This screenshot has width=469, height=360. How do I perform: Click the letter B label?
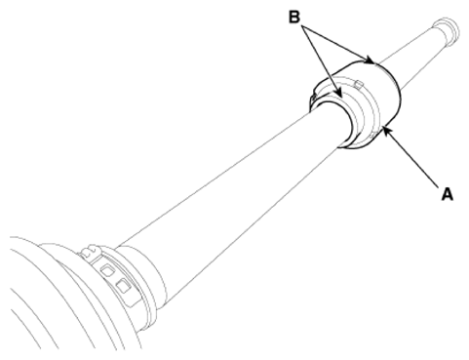tap(294, 17)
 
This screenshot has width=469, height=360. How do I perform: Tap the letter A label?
tap(447, 194)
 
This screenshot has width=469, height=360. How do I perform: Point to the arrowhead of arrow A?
tap(386, 131)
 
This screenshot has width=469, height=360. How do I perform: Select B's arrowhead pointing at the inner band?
tap(338, 92)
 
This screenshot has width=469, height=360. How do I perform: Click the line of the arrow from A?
tap(412, 159)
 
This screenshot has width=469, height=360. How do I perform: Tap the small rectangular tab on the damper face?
tap(359, 84)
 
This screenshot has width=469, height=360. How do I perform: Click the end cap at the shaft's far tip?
tap(447, 31)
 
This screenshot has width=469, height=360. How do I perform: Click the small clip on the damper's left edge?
tap(313, 98)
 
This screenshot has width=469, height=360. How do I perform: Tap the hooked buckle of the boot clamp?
tap(91, 252)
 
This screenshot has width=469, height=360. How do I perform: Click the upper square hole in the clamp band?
tap(107, 269)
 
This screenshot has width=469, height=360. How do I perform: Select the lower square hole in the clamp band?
tap(123, 285)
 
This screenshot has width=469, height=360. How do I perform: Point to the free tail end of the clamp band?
tap(134, 300)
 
